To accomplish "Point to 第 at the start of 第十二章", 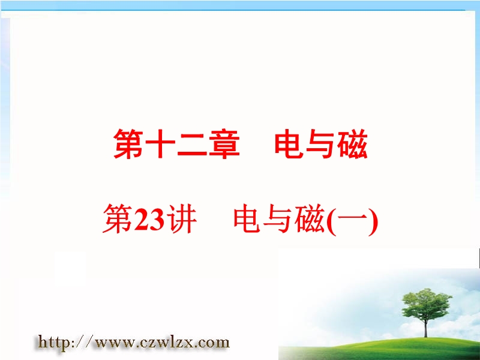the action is (x=128, y=143).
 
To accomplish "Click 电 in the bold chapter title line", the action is (x=289, y=143).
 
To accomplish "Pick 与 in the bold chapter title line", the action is (x=320, y=144).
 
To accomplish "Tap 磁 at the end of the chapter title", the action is (x=353, y=143).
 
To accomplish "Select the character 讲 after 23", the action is (x=181, y=219).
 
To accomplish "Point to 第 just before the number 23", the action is (x=118, y=219).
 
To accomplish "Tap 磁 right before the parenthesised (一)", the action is (x=310, y=219).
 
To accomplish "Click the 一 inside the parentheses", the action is (x=352, y=218).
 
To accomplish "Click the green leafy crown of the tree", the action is (x=425, y=303).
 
